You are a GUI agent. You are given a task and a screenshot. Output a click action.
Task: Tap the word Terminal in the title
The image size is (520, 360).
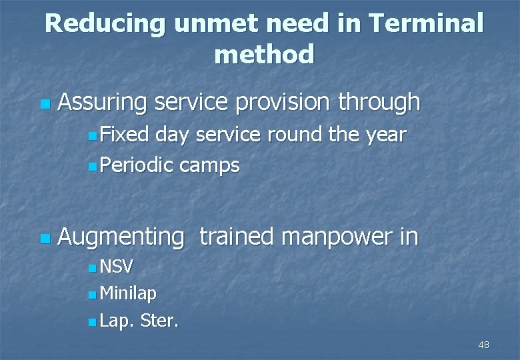coord(425,24)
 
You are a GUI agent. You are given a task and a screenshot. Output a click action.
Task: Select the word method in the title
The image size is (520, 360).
coord(264,55)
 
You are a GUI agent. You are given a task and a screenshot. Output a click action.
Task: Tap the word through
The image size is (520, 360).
coord(379,103)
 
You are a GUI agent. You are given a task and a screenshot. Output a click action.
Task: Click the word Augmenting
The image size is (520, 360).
coord(121,237)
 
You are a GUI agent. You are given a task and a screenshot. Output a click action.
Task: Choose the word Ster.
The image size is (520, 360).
coord(159,321)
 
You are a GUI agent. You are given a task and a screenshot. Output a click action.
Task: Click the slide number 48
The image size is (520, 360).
coord(483,345)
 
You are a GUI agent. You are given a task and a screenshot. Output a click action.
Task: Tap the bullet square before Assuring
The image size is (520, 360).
coord(44,105)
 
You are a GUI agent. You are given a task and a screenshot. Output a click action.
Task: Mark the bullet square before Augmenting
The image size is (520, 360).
coord(44,238)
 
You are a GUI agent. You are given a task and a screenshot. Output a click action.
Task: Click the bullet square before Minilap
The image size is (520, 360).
coord(91,295)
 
